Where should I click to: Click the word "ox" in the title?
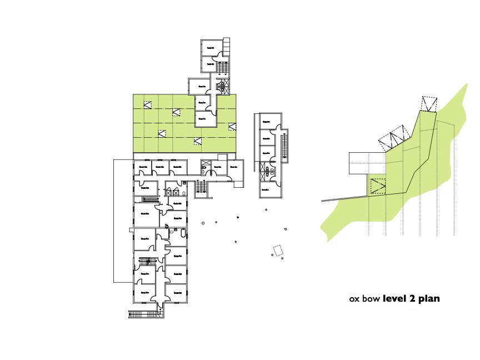[354, 299]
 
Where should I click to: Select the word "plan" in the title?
[429, 299]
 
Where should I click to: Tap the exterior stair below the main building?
[146, 314]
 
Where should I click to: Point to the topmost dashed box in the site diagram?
[429, 104]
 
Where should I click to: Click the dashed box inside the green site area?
[379, 186]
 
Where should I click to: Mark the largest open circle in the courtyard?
[203, 223]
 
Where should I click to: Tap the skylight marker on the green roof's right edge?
[232, 127]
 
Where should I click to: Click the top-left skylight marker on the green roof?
[147, 104]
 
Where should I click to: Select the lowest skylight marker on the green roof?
[198, 141]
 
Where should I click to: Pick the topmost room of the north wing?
[211, 48]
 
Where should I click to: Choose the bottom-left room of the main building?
[145, 291]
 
